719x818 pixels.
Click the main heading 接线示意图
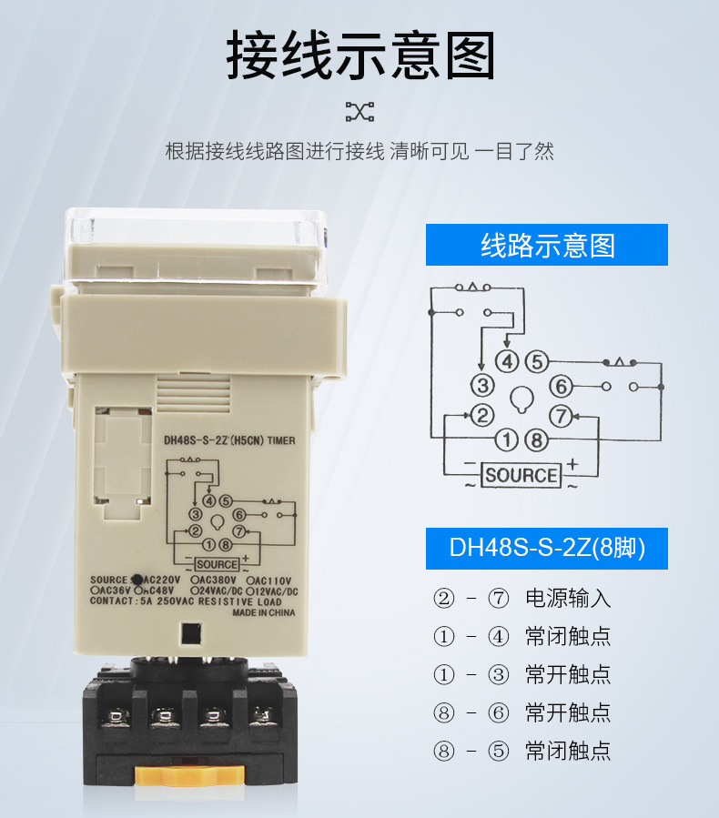pyautogui.click(x=359, y=56)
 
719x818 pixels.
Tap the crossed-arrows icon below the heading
pyautogui.click(x=359, y=112)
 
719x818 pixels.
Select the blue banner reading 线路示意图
pyautogui.click(x=547, y=246)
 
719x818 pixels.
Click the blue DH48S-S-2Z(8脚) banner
pyautogui.click(x=547, y=550)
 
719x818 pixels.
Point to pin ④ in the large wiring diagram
pyautogui.click(x=507, y=361)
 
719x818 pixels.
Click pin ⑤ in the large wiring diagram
pyautogui.click(x=537, y=361)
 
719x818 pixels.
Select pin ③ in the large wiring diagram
pyautogui.click(x=482, y=386)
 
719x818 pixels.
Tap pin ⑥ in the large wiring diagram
pyautogui.click(x=562, y=387)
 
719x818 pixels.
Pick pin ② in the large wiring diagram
pyautogui.click(x=482, y=417)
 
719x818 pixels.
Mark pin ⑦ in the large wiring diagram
pyautogui.click(x=562, y=417)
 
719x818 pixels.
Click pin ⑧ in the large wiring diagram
pyautogui.click(x=537, y=441)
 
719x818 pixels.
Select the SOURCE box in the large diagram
pyautogui.click(x=522, y=475)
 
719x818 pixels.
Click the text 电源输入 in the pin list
pyautogui.click(x=568, y=599)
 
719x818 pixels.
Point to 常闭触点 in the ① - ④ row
pyautogui.click(x=568, y=637)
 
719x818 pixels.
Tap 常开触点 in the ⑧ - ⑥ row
pyautogui.click(x=568, y=712)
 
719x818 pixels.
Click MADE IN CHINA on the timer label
pyautogui.click(x=264, y=612)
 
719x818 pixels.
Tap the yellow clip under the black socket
pyautogui.click(x=190, y=774)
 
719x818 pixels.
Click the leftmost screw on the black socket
pyautogui.click(x=116, y=717)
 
